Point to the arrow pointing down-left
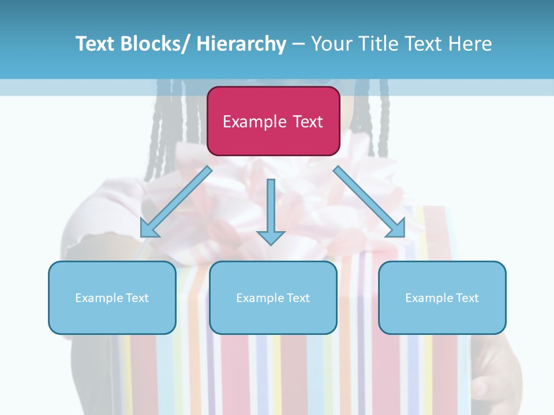pyautogui.click(x=177, y=202)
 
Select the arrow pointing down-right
pyautogui.click(x=369, y=202)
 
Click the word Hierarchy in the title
pyautogui.click(x=241, y=44)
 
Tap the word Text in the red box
pyautogui.click(x=307, y=122)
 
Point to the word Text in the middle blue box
pyautogui.click(x=298, y=298)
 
